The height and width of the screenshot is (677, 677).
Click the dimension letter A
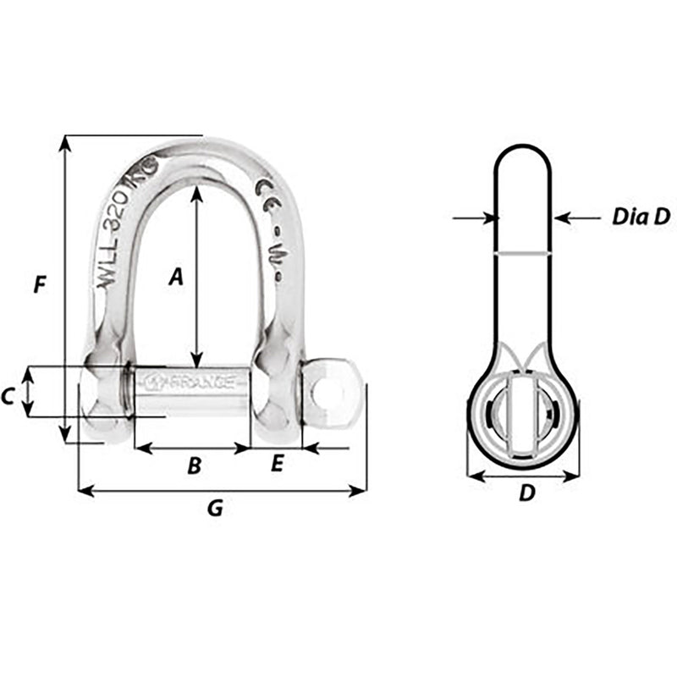[x=175, y=276]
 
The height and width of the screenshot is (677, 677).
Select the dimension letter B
[x=194, y=465]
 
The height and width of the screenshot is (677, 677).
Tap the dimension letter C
[x=8, y=394]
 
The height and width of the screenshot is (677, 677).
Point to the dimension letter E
[x=277, y=464]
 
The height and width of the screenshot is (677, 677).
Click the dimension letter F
[x=39, y=285]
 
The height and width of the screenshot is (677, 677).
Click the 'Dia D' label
[x=641, y=217]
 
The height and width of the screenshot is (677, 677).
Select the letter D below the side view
[x=526, y=493]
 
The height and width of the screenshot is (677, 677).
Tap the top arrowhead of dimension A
[x=196, y=192]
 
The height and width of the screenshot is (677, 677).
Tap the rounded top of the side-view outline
[x=523, y=147]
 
